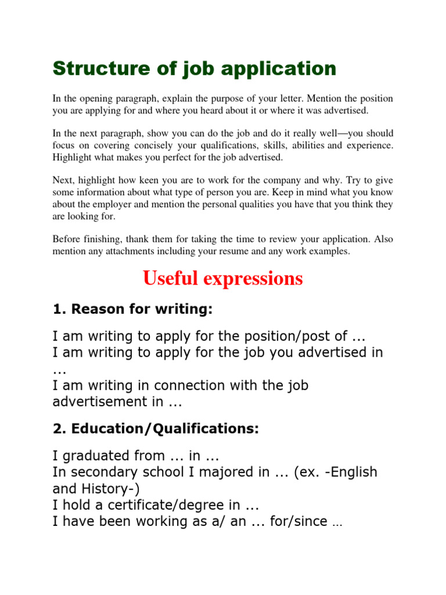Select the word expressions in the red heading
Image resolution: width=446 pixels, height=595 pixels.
[x=254, y=279]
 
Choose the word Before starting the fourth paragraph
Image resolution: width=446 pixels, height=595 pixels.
[x=67, y=239]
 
